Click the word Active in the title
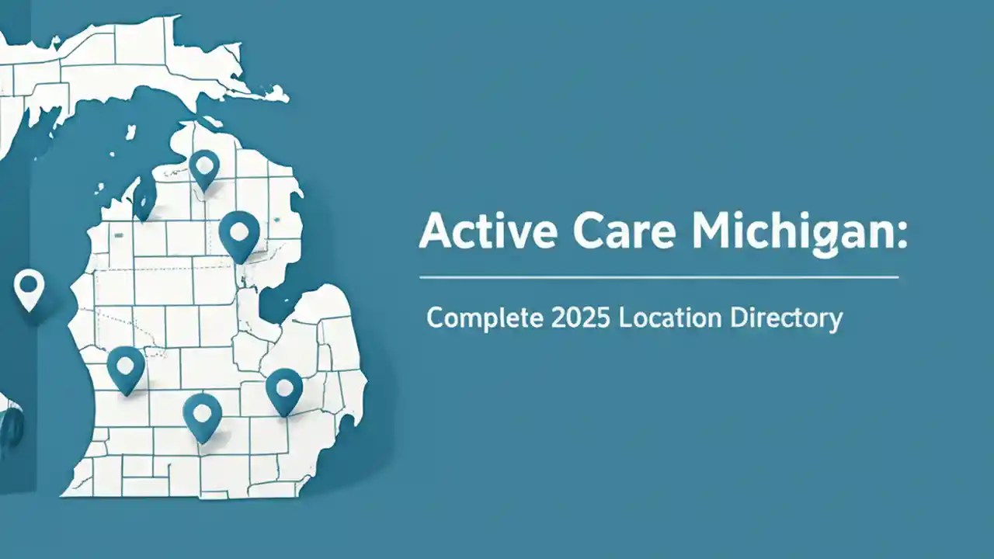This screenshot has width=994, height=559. [x=474, y=231]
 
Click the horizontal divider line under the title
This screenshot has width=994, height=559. [x=659, y=276]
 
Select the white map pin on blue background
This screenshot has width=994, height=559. [x=28, y=288]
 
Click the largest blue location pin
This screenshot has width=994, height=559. [x=238, y=233]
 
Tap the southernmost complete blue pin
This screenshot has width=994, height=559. [x=203, y=415]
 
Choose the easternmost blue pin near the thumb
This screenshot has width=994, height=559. [x=284, y=388]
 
